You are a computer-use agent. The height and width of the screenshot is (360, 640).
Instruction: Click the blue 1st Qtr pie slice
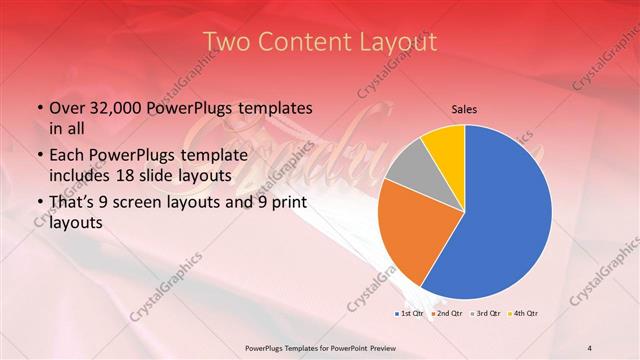coord(510,215)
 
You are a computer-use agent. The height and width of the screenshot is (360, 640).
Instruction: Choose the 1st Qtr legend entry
coord(410,313)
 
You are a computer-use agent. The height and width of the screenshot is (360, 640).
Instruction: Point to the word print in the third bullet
coord(286,203)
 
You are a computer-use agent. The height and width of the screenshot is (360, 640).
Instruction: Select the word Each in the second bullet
coord(67,155)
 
